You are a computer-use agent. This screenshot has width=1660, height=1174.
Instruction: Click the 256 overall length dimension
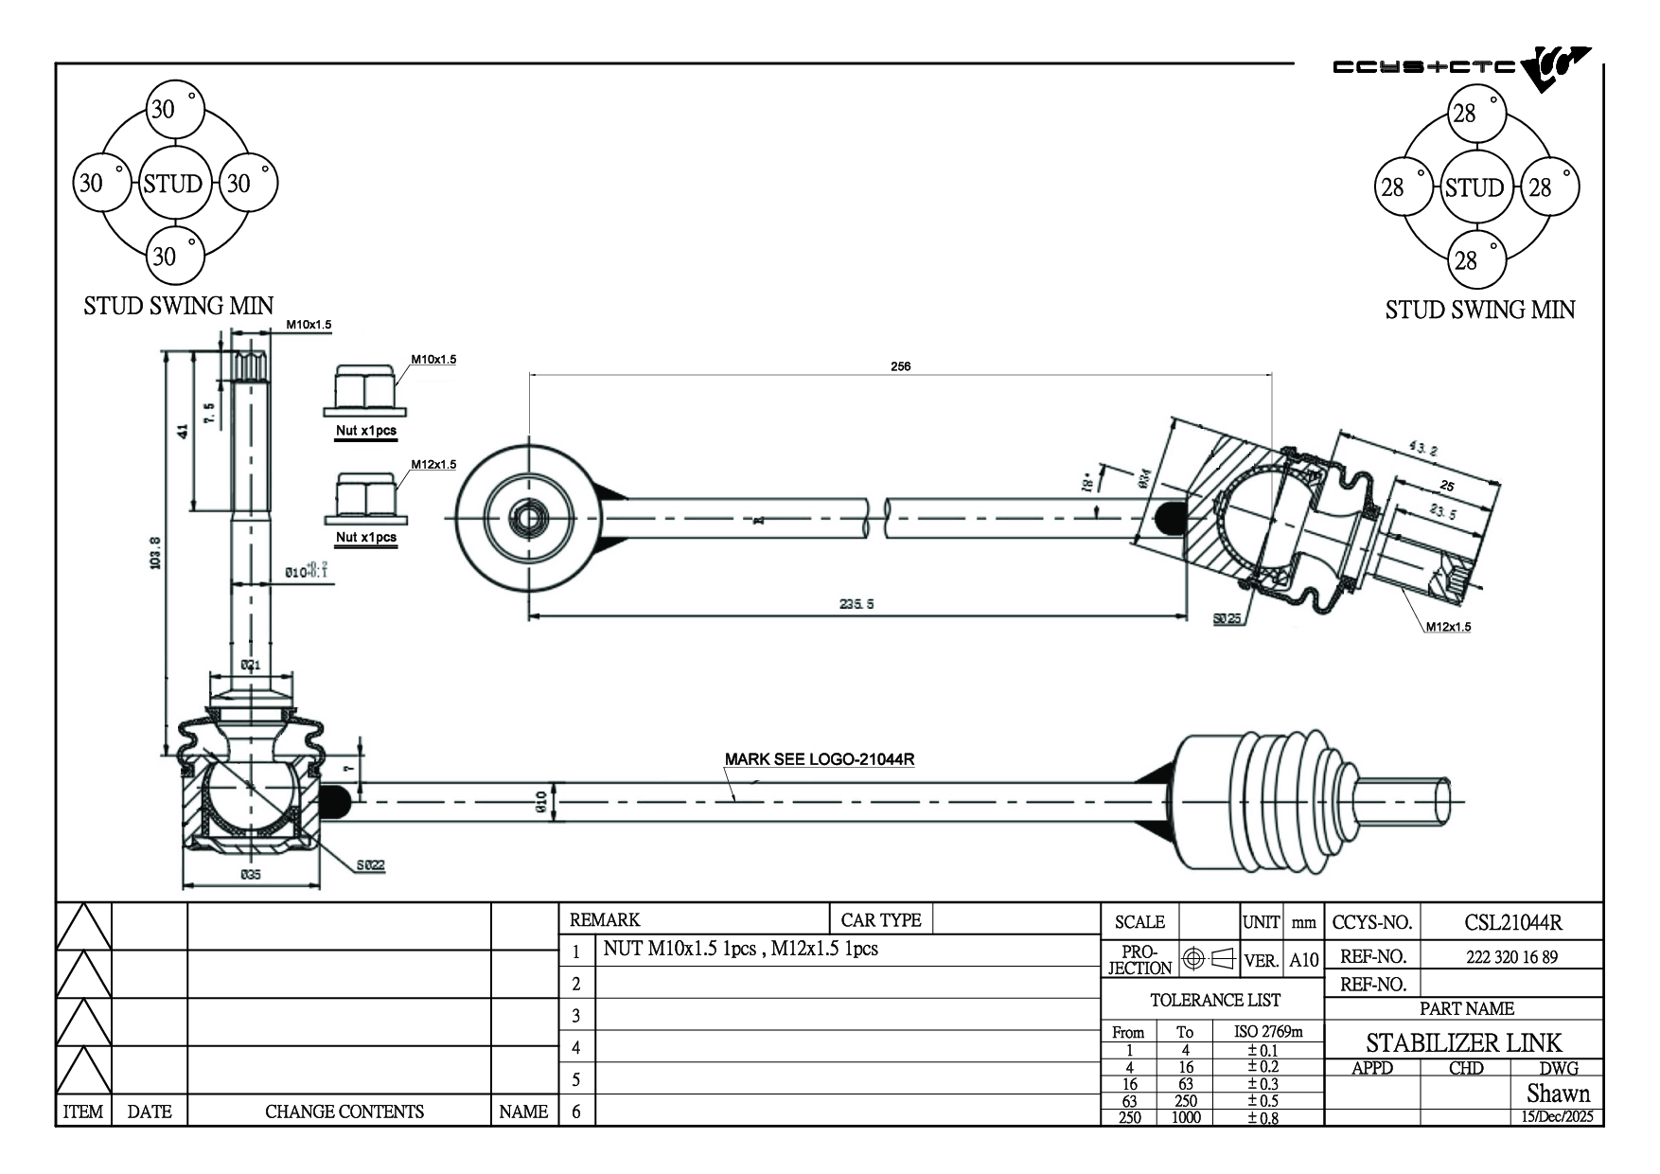click(x=900, y=366)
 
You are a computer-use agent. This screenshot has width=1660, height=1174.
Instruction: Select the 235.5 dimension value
click(x=856, y=604)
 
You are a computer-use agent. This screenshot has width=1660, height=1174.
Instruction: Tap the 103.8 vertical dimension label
click(x=156, y=553)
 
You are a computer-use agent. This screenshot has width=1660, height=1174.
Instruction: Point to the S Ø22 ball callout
click(x=371, y=865)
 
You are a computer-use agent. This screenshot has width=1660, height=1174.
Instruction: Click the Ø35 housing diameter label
click(x=250, y=876)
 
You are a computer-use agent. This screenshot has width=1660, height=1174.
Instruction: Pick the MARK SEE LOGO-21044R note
click(x=819, y=759)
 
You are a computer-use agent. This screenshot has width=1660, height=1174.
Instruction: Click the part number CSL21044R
click(x=1512, y=922)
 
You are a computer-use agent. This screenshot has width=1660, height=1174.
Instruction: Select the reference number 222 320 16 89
click(x=1511, y=957)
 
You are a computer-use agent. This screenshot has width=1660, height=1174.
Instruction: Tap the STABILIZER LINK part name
click(x=1463, y=1043)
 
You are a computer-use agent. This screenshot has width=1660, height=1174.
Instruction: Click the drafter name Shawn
click(x=1558, y=1094)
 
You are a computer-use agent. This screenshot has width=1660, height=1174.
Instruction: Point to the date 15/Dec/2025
click(x=1557, y=1117)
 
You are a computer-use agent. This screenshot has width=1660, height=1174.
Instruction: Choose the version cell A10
click(x=1303, y=960)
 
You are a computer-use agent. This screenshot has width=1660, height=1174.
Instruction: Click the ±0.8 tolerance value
click(x=1263, y=1117)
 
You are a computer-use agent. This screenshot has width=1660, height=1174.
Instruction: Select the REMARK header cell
click(x=605, y=920)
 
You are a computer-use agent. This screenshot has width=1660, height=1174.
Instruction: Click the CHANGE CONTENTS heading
click(x=344, y=1112)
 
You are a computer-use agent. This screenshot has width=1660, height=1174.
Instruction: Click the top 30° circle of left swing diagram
click(x=175, y=109)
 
